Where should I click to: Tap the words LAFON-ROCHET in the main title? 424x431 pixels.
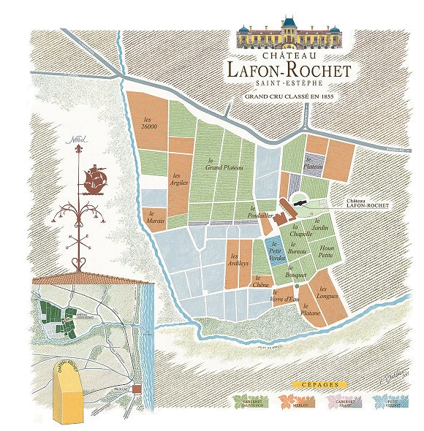pos(289,70)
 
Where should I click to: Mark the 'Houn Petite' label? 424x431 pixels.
pos(326,252)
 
